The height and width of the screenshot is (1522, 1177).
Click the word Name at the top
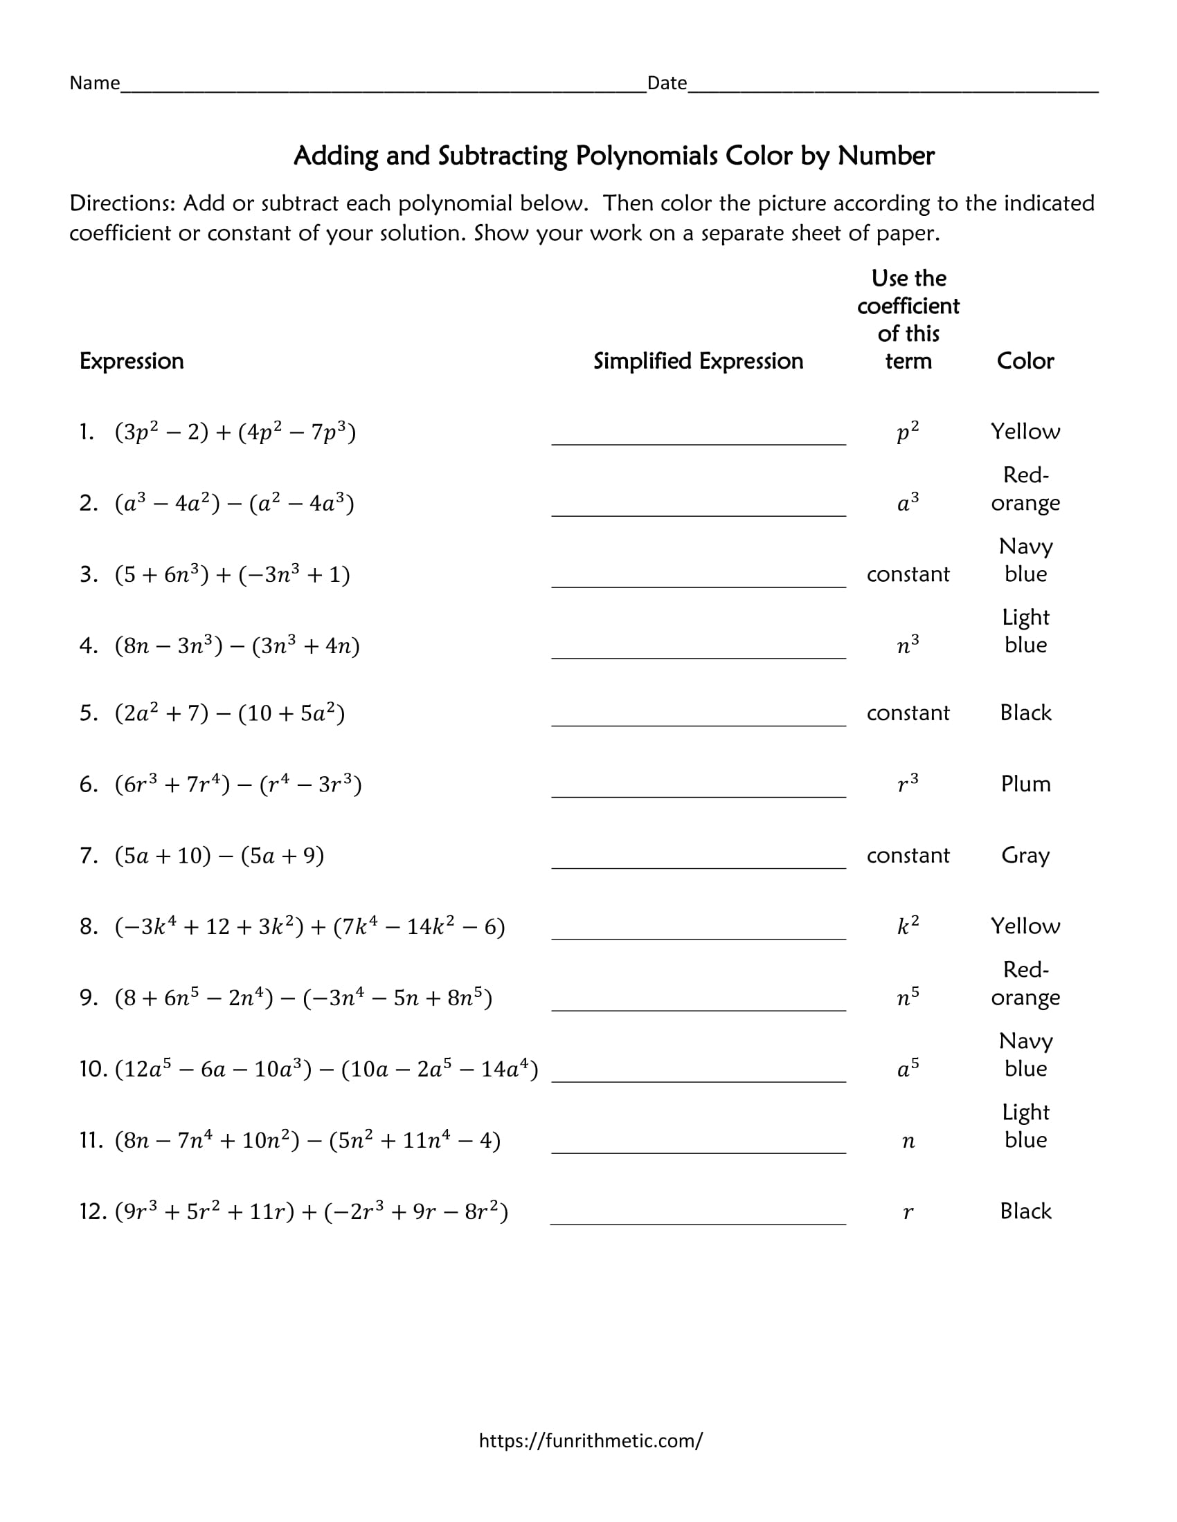[94, 83]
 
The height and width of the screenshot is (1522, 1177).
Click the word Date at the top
[667, 83]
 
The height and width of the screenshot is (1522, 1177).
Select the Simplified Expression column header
[698, 361]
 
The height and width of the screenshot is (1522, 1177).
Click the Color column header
[1025, 361]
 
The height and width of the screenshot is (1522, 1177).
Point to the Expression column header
[132, 361]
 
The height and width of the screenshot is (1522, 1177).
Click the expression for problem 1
[235, 432]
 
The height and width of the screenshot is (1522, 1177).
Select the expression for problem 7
[219, 855]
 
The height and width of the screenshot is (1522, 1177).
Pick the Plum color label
[1025, 784]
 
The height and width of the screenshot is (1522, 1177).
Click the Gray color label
[1025, 855]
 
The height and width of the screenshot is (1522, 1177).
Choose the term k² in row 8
[908, 926]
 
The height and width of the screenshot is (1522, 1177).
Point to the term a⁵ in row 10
[908, 1068]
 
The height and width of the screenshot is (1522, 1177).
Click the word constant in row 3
[908, 574]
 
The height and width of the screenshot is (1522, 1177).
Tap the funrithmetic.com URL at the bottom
[591, 1440]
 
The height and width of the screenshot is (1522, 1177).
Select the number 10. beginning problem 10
[93, 1069]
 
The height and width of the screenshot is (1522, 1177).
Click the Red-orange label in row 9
[1025, 983]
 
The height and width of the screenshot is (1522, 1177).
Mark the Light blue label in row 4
[1025, 631]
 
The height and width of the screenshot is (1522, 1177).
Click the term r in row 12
[908, 1213]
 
